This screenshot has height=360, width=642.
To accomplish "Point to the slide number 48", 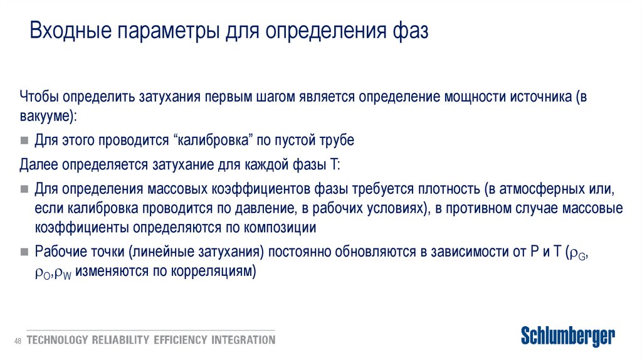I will [18, 341].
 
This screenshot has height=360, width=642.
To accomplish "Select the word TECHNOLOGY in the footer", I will [57, 340].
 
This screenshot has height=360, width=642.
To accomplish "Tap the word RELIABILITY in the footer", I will [120, 340].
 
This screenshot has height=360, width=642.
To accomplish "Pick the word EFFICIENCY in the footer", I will [179, 340].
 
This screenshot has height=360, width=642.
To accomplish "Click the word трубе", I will [337, 140].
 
